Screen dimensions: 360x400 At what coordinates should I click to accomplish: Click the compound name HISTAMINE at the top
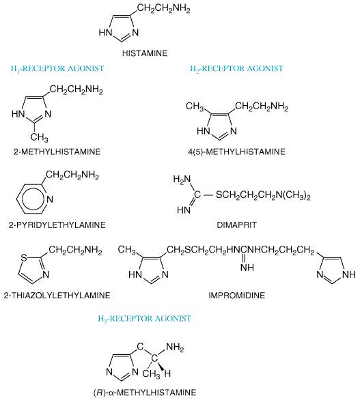tap(145, 53)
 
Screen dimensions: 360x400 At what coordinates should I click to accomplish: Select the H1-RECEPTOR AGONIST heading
tap(57, 69)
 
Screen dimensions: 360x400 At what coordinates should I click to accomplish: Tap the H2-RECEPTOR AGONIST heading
tap(237, 69)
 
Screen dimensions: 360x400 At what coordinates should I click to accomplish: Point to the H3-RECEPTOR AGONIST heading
tap(145, 319)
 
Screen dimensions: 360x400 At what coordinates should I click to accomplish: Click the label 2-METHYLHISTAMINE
tap(57, 152)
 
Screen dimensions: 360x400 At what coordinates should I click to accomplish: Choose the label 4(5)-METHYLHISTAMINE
tap(236, 152)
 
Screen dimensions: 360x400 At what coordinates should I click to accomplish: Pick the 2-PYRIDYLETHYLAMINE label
tap(57, 225)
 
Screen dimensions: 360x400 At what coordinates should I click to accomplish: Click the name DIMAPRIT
tap(236, 225)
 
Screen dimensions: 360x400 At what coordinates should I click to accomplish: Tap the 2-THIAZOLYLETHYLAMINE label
tap(57, 296)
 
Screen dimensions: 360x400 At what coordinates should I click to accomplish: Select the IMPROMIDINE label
tap(236, 296)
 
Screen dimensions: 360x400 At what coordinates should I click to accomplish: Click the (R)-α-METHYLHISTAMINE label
tap(145, 392)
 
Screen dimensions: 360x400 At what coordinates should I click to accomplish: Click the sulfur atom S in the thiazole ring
tap(24, 258)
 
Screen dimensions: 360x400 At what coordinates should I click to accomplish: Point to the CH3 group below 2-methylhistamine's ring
tap(40, 137)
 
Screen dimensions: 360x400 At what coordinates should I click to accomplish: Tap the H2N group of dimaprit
tap(182, 180)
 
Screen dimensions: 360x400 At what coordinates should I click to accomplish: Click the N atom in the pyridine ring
tap(50, 199)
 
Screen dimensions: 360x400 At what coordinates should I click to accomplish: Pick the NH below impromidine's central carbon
tap(247, 268)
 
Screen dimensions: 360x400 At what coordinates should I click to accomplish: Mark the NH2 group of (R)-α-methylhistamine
tap(175, 347)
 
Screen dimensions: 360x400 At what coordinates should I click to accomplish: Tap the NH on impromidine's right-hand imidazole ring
tap(349, 274)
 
